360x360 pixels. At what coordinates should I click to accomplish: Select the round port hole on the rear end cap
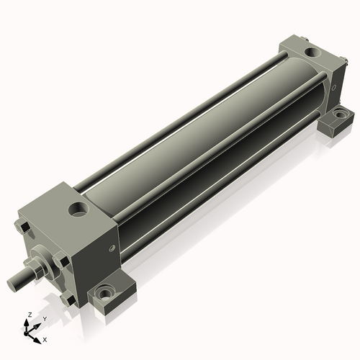tap(312, 52)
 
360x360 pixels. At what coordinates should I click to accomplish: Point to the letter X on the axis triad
tap(45, 340)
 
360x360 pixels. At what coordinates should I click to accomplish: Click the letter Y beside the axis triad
tap(45, 319)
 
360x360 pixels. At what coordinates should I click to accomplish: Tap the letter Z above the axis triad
tap(30, 315)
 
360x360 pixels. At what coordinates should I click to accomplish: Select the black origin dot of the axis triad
tap(26, 334)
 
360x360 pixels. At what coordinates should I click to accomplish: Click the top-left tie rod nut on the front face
tap(23, 227)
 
